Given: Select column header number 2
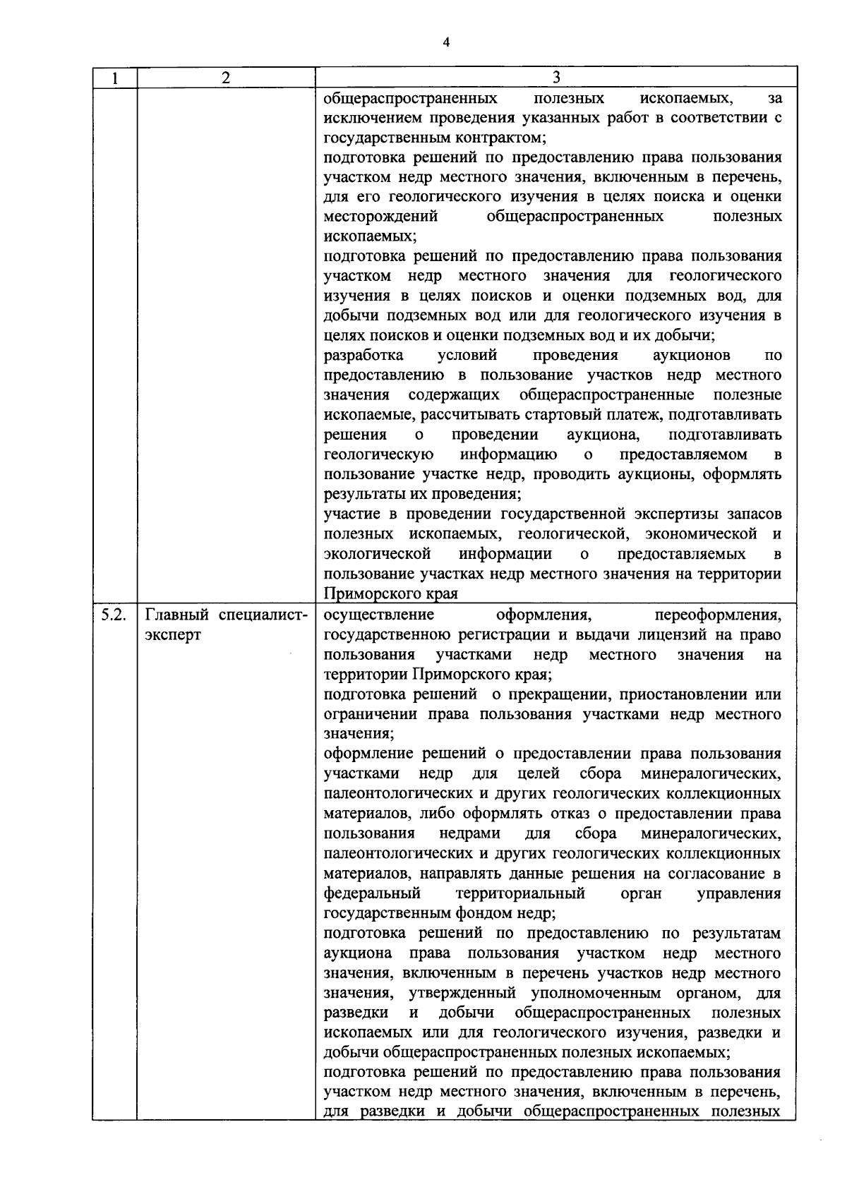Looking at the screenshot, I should (x=225, y=78).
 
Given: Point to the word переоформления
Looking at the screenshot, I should (x=718, y=615).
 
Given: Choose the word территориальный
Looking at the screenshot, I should (x=520, y=893).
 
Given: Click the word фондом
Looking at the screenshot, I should (x=480, y=913).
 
